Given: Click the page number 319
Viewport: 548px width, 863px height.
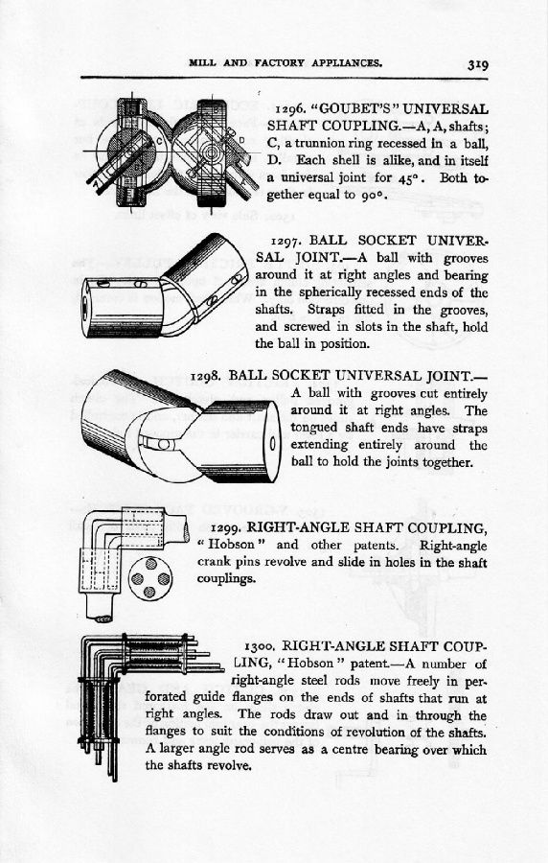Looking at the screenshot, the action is (478, 64).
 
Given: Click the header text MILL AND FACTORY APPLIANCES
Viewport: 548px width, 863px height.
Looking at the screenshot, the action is (285, 62).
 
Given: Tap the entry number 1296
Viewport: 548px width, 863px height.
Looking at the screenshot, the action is (290, 109).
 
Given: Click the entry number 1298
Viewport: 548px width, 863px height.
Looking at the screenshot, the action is (207, 377).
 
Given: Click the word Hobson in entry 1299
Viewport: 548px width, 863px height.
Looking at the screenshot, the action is (237, 545).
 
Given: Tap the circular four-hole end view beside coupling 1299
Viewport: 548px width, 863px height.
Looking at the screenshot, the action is (149, 578).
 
